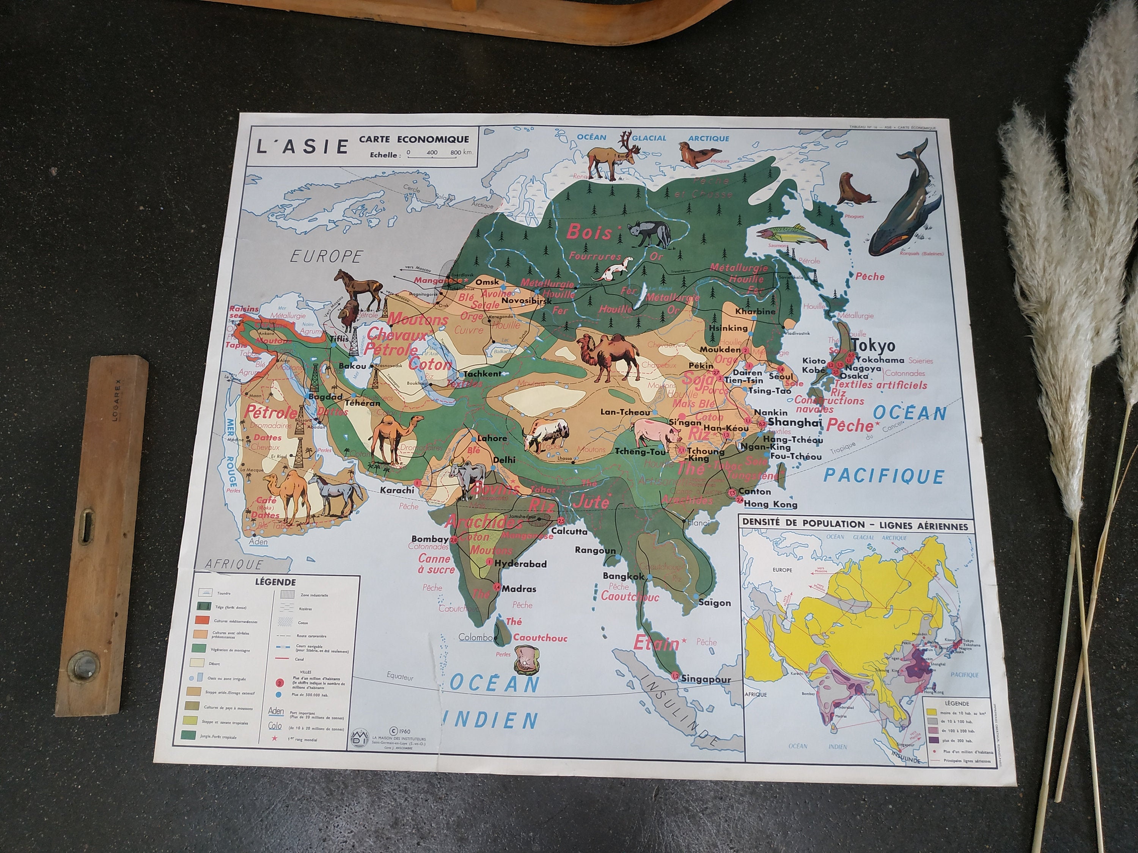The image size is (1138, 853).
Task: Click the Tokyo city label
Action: point(873,345)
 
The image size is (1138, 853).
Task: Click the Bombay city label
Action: point(430,539)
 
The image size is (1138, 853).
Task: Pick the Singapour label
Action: point(706,679)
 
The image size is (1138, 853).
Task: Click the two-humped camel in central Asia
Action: point(608,355)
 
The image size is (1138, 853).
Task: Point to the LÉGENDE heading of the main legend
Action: point(275,583)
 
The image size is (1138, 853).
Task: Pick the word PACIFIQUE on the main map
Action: point(883,476)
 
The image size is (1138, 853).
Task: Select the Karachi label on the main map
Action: point(397,490)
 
